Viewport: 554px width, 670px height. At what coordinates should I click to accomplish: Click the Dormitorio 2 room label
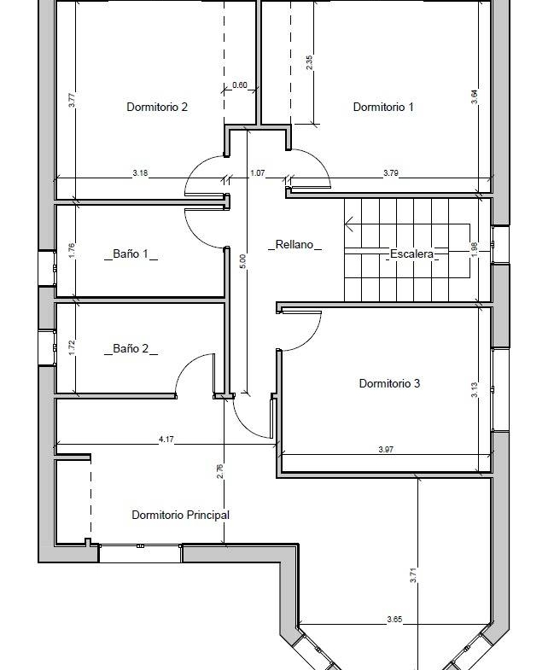[157, 107]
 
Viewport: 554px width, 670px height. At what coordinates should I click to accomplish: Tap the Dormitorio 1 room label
[383, 107]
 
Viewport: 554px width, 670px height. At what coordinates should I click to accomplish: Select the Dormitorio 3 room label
[389, 383]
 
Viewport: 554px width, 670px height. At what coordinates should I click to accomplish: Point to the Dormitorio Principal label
[180, 515]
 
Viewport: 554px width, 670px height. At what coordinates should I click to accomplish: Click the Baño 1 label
[131, 253]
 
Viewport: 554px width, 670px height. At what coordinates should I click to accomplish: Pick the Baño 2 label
[131, 349]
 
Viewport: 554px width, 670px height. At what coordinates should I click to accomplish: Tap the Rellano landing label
[294, 244]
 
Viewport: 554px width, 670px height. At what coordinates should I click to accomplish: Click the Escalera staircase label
[411, 253]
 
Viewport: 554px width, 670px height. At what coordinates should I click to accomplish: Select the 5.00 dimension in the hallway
[242, 261]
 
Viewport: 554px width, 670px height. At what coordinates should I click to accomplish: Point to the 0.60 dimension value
[240, 85]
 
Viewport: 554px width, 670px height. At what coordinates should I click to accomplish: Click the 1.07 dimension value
[257, 173]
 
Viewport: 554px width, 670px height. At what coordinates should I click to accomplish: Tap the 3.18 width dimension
[140, 173]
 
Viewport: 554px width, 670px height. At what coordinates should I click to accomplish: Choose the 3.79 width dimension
[391, 173]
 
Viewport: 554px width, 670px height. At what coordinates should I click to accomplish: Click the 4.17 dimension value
[166, 439]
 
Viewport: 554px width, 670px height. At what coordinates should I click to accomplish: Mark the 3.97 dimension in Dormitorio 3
[386, 449]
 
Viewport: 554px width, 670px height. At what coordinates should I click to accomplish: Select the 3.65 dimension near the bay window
[394, 619]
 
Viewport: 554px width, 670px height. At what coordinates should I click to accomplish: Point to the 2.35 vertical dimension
[310, 63]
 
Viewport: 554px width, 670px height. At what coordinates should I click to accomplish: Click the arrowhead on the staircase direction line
[347, 224]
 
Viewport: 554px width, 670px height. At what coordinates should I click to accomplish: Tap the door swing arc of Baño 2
[187, 367]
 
